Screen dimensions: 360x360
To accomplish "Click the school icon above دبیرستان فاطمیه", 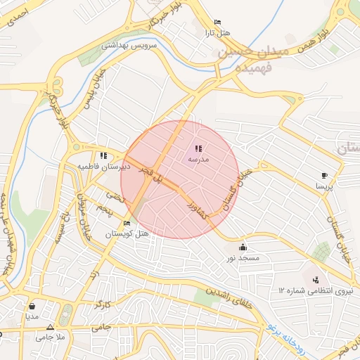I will coord(103,155).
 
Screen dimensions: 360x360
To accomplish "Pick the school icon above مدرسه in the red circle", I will coord(198,148).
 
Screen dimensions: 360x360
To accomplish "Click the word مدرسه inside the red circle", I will coord(198,159).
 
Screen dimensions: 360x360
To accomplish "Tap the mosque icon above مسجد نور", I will coord(243,247).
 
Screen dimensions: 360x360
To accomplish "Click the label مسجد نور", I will coord(243,258).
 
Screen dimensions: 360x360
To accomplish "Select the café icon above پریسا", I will coord(323,175).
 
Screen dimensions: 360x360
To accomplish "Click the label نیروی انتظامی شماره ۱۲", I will coord(316,290).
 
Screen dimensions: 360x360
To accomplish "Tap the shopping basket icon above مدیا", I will coord(32,307).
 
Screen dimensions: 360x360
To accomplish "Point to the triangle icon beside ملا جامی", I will coord(49,328).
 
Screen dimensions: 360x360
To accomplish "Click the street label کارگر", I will coord(104,306).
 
